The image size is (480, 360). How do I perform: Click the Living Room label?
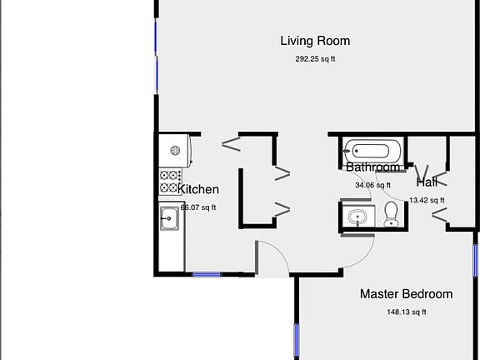click(315, 41)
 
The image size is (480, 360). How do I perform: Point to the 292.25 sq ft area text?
click(315, 59)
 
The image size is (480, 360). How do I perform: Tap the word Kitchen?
click(198, 190)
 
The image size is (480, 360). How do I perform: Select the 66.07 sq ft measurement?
click(197, 208)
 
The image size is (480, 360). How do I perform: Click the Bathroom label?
click(372, 167)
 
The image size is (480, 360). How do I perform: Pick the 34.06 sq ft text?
click(372, 186)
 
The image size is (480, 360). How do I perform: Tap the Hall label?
click(427, 182)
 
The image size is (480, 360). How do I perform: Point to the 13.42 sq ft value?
click(427, 200)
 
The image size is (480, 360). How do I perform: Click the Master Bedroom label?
click(406, 294)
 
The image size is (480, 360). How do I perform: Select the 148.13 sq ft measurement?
click(406, 312)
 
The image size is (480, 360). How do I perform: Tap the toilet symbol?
click(391, 214)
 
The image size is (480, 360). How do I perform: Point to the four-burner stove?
click(171, 182)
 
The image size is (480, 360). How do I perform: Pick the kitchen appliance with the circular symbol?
click(177, 151)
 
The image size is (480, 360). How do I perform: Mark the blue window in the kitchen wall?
click(206, 274)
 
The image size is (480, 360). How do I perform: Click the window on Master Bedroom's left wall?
click(296, 340)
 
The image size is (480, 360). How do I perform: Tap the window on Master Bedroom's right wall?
click(475, 261)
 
